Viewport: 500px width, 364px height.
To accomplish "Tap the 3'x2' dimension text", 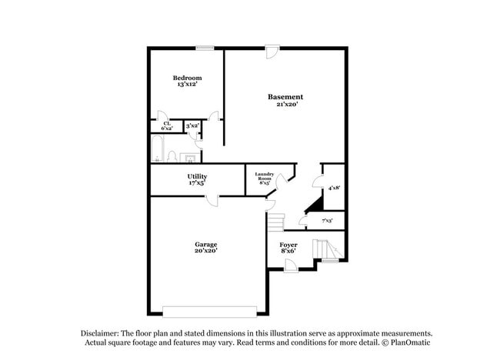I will tap(192, 125).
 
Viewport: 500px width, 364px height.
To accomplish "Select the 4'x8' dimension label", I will tap(334, 188).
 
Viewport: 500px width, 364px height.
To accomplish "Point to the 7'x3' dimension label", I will tap(326, 221).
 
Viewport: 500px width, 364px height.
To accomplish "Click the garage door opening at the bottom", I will tap(209, 312).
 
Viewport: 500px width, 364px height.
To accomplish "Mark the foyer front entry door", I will tap(291, 265).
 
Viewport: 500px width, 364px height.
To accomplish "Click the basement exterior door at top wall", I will tap(272, 52).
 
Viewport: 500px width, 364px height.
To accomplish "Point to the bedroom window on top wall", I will tap(205, 48).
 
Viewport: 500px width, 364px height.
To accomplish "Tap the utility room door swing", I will tap(211, 200).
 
